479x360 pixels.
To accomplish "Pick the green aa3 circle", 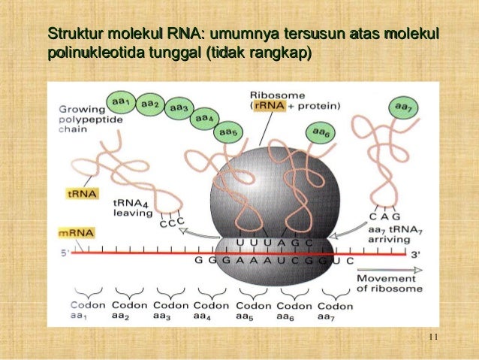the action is [179, 109].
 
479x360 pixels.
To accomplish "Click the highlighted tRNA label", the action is [77, 192].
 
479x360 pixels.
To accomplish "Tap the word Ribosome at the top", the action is [276, 95].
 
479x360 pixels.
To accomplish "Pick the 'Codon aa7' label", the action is [335, 311].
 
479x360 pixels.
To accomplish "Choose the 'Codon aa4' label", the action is [211, 310].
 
